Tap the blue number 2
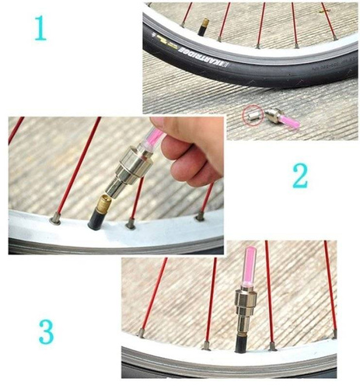tap(300, 177)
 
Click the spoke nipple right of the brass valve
tap(130, 224)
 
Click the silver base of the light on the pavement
tap(272, 117)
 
